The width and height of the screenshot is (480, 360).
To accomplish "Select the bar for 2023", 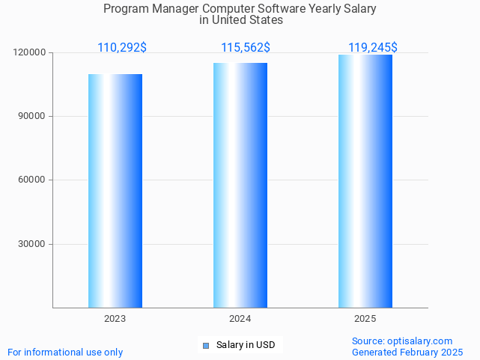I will (115, 191).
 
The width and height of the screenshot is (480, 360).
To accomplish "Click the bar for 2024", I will (240, 186).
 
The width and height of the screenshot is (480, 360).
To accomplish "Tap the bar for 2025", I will (365, 181).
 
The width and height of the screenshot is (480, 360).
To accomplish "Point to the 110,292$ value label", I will (122, 48).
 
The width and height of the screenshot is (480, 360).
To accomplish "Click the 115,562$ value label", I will (246, 48).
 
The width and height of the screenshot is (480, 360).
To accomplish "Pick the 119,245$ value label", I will (373, 48).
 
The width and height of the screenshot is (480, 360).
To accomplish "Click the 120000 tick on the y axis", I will (30, 52).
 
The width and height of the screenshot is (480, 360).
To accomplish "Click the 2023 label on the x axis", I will (115, 319).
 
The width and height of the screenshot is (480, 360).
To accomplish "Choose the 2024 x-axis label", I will (240, 319).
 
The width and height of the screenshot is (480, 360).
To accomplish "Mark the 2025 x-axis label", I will (365, 319).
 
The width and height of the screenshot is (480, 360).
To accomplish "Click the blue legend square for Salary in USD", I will (206, 345).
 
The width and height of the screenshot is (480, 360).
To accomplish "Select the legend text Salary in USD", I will (246, 345).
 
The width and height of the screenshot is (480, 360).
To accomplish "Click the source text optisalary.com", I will (420, 341).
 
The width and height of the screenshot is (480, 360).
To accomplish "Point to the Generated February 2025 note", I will (407, 352).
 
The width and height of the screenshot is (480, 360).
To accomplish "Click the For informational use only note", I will (65, 352).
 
